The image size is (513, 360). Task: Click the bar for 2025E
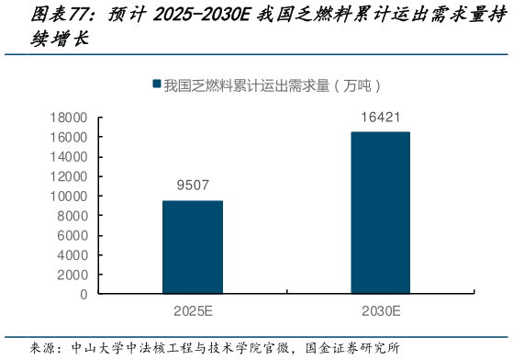pyautogui.click(x=193, y=247)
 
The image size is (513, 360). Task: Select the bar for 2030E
pyautogui.click(x=380, y=213)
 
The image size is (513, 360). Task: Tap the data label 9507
pyautogui.click(x=193, y=186)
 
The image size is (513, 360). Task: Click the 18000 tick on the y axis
pyautogui.click(x=69, y=118)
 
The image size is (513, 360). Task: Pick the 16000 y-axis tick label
pyautogui.click(x=69, y=137)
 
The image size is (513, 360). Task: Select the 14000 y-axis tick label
pyautogui.click(x=69, y=157)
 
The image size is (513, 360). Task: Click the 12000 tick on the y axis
pyautogui.click(x=69, y=176)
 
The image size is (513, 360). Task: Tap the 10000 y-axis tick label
pyautogui.click(x=69, y=197)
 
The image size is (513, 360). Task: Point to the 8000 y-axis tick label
pyautogui.click(x=72, y=216)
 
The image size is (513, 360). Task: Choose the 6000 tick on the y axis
pyautogui.click(x=72, y=236)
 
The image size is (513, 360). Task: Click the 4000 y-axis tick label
pyautogui.click(x=72, y=255)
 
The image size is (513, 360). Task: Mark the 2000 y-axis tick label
pyautogui.click(x=72, y=276)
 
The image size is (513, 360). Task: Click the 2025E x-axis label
pyautogui.click(x=193, y=311)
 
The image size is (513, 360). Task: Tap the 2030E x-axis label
pyautogui.click(x=380, y=311)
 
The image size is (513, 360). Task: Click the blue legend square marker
pyautogui.click(x=157, y=85)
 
